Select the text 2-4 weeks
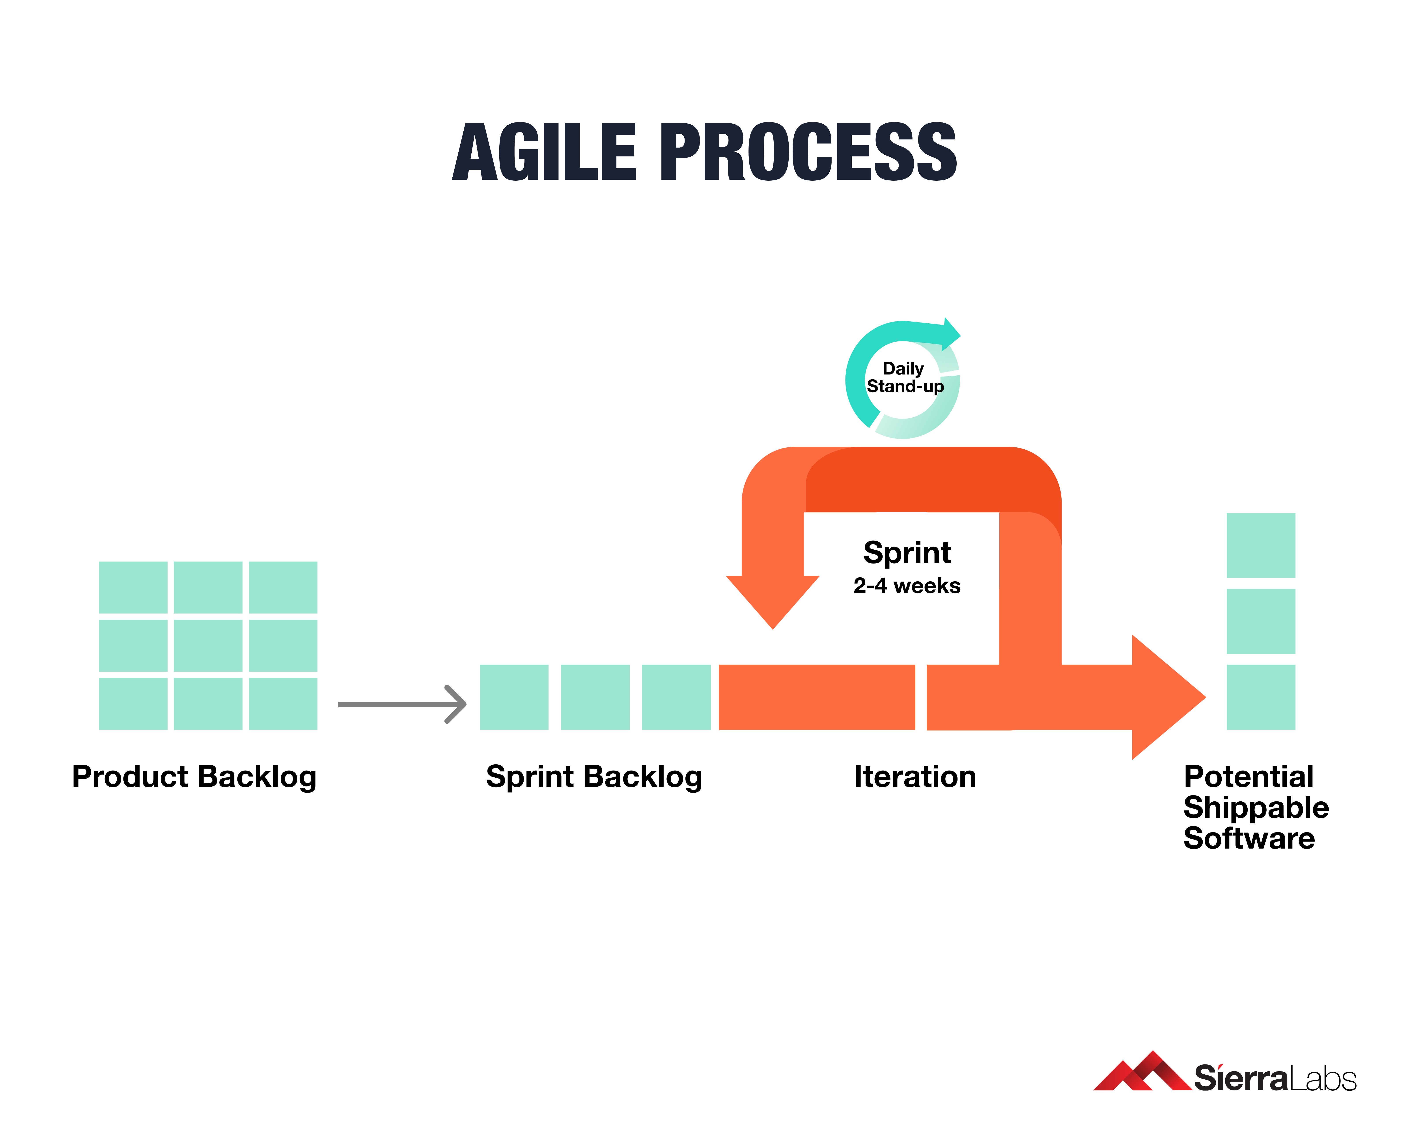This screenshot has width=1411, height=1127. pyautogui.click(x=906, y=585)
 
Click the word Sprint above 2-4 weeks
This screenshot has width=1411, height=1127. pyautogui.click(x=906, y=553)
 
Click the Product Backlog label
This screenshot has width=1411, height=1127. pyautogui.click(x=194, y=777)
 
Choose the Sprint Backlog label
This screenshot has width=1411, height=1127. pyautogui.click(x=594, y=777)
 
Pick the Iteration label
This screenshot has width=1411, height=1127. pyautogui.click(x=915, y=777)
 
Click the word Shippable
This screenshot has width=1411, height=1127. pyautogui.click(x=1255, y=807)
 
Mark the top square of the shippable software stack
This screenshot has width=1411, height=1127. pyautogui.click(x=1260, y=545)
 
